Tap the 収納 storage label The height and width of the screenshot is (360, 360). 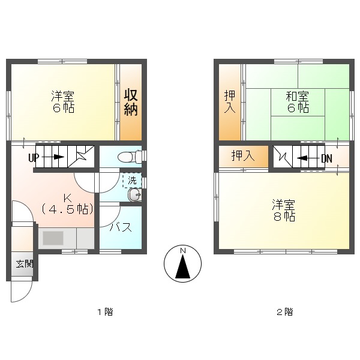click(131, 102)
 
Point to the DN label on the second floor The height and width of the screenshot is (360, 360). click(326, 158)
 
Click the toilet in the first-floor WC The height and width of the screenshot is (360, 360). click(127, 157)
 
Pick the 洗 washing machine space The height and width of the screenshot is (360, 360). click(131, 180)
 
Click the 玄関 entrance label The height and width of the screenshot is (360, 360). click(25, 264)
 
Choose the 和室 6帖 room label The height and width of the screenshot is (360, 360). click(296, 102)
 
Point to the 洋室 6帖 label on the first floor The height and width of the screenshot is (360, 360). click(62, 102)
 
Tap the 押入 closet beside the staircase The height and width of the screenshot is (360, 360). click(243, 156)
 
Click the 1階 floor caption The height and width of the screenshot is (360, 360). click(104, 312)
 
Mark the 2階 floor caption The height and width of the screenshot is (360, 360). click(284, 312)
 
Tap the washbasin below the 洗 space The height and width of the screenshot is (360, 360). click(133, 195)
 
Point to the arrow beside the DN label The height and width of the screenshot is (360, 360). click(307, 158)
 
